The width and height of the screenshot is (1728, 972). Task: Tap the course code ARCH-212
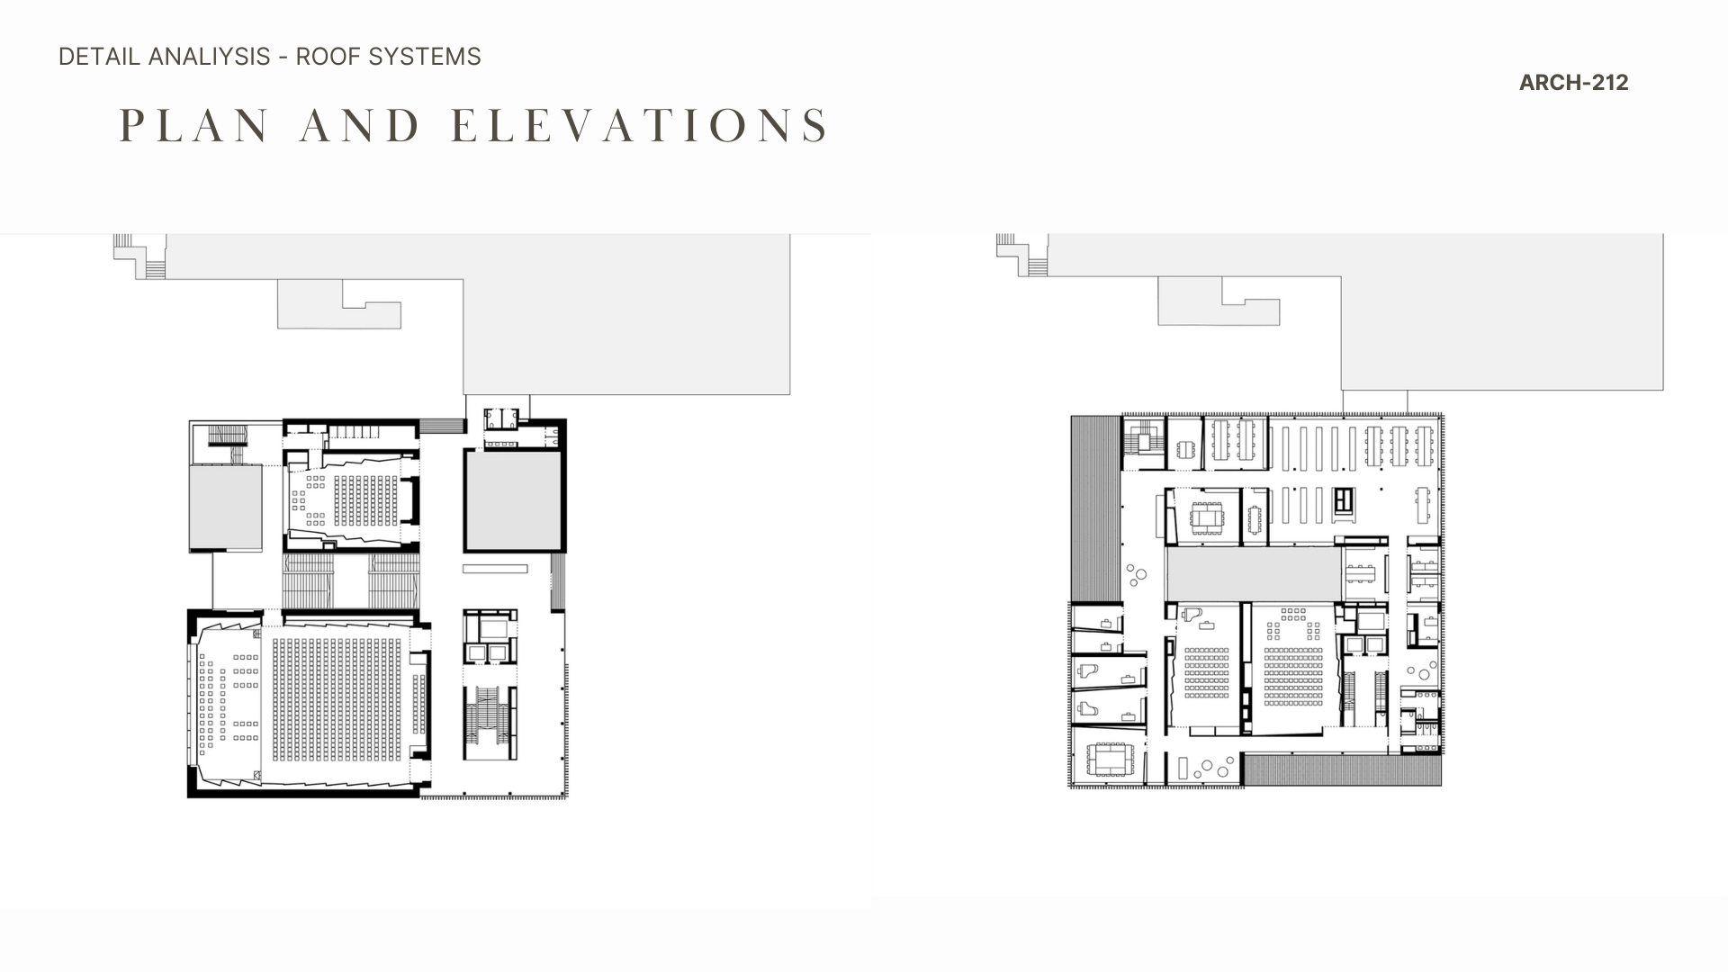pyautogui.click(x=1573, y=83)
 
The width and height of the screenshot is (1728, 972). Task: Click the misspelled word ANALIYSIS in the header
pyautogui.click(x=209, y=57)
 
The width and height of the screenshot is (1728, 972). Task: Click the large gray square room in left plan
pyautogui.click(x=513, y=501)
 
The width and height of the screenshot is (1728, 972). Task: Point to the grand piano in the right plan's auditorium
pyautogui.click(x=1192, y=615)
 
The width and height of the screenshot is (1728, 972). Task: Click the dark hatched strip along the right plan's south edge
pyautogui.click(x=1342, y=769)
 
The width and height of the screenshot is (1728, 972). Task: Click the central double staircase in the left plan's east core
pyautogui.click(x=490, y=724)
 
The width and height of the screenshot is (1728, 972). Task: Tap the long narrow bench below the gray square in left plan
pyautogui.click(x=495, y=569)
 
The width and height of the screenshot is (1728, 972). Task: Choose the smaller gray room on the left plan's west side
pyautogui.click(x=225, y=508)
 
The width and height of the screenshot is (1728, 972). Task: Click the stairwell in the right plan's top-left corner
pyautogui.click(x=1143, y=442)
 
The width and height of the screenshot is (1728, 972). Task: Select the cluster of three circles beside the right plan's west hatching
pyautogui.click(x=1136, y=574)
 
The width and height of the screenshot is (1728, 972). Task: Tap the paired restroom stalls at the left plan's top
pyautogui.click(x=501, y=419)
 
